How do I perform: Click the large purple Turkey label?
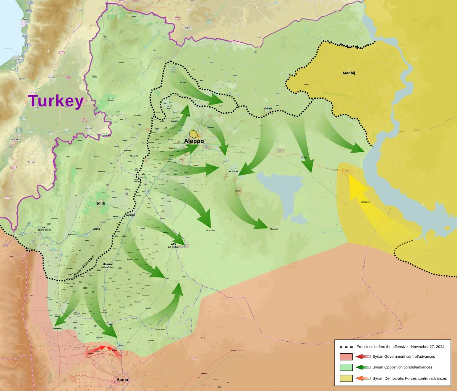[x=56, y=101]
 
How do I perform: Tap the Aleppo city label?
[x=194, y=141]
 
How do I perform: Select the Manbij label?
[x=349, y=72]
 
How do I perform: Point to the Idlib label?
[x=101, y=203]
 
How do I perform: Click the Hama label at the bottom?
[x=122, y=380]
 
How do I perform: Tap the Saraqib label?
[x=130, y=216]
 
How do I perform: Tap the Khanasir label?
[x=274, y=229]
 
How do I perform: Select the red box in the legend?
[x=346, y=357]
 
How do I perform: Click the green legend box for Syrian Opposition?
[x=346, y=367]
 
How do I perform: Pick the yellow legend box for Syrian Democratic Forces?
[x=346, y=378]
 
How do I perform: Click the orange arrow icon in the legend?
[x=363, y=378]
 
